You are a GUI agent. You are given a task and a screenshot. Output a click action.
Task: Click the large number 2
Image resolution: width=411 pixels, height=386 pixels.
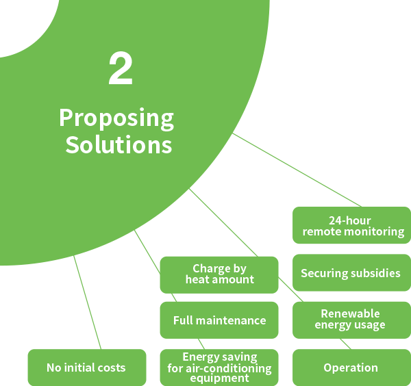click(x=121, y=70)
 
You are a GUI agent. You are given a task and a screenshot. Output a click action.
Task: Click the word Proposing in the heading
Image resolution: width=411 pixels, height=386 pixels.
click(x=116, y=118)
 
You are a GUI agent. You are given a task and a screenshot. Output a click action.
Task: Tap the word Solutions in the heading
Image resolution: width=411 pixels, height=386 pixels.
click(x=119, y=145)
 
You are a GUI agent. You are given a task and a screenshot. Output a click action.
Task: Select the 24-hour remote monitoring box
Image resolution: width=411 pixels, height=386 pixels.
click(x=352, y=226)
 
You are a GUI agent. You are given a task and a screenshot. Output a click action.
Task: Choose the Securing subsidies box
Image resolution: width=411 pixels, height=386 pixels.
click(x=351, y=273)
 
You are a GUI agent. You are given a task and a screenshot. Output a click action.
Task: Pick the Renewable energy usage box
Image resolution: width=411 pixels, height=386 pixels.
click(x=351, y=320)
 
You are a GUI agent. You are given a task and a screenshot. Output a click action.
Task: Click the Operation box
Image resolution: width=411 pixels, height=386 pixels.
click(x=351, y=368)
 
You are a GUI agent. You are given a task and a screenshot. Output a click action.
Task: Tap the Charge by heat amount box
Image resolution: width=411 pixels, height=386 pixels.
click(x=219, y=274)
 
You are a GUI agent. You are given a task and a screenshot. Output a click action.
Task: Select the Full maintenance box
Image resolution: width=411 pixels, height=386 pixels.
click(x=219, y=320)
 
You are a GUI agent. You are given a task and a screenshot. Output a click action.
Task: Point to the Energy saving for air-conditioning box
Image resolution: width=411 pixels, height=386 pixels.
click(x=219, y=368)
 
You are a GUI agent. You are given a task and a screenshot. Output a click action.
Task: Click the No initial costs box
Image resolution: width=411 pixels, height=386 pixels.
click(x=86, y=368)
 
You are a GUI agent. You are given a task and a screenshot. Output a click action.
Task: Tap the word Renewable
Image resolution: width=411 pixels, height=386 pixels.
click(x=350, y=313)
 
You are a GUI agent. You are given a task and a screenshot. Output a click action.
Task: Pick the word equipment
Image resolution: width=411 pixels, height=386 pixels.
click(x=219, y=378)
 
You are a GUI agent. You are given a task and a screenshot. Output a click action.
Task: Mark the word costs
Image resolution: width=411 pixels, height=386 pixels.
click(x=111, y=368)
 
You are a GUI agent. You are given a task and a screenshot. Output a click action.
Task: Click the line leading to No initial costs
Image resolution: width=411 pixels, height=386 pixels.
click(x=87, y=301)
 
